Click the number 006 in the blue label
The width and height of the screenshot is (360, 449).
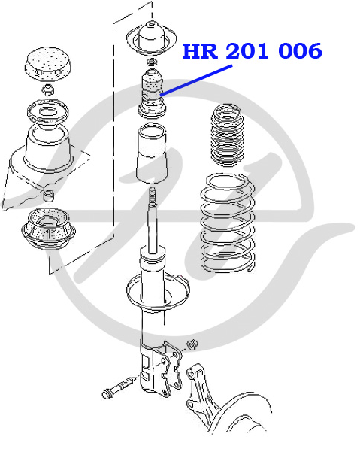(x=300, y=51)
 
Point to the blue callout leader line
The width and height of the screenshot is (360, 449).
(x=196, y=80)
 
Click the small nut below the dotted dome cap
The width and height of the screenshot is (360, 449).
(x=48, y=89)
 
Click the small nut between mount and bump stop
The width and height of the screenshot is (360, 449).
(x=151, y=62)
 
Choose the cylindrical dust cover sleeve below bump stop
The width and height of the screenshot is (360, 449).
(x=152, y=153)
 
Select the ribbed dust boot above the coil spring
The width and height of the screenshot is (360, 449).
(x=228, y=135)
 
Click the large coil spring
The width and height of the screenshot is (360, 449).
(x=228, y=223)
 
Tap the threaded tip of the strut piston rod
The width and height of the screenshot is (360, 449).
(x=153, y=196)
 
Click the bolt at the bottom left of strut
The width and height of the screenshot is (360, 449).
(x=119, y=387)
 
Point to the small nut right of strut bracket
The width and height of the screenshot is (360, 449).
(x=193, y=344)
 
